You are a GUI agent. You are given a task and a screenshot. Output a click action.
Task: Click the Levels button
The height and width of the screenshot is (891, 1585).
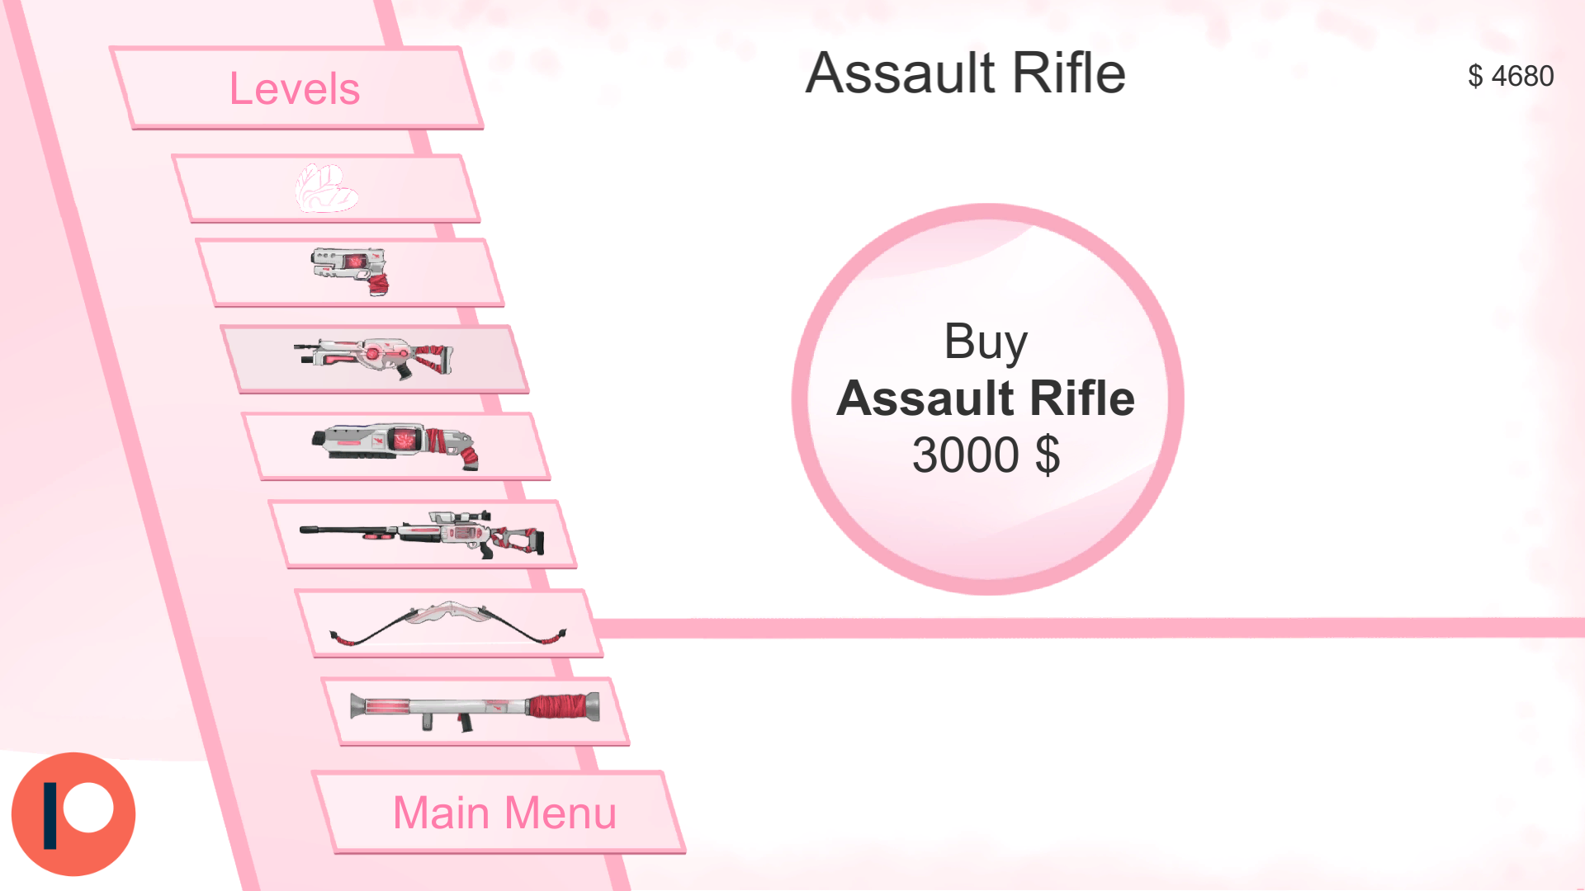[295, 88]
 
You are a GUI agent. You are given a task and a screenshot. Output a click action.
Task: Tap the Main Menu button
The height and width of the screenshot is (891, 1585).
[504, 813]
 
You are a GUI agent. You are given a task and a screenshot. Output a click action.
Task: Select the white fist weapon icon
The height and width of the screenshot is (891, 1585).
[326, 188]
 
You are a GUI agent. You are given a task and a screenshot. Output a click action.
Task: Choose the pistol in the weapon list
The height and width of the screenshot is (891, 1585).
[350, 271]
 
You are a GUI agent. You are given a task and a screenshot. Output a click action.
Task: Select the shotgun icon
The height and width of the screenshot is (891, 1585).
[395, 446]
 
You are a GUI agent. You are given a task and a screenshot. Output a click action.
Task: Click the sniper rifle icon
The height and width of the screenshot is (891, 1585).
[422, 534]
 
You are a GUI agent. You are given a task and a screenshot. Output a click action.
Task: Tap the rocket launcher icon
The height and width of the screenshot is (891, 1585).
[475, 710]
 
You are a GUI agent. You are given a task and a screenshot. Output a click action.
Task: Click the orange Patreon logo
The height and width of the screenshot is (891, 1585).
[73, 813]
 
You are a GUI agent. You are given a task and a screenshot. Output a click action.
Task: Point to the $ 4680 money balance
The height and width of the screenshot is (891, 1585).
[1511, 76]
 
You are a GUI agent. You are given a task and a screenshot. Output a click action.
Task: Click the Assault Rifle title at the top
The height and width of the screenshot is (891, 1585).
[965, 73]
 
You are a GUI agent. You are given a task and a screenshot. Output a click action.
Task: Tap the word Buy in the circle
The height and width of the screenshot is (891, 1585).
[986, 341]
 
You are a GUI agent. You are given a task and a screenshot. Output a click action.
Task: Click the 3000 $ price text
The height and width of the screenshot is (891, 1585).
[986, 455]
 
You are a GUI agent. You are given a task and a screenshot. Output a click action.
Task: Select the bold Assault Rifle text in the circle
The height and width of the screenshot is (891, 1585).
[986, 398]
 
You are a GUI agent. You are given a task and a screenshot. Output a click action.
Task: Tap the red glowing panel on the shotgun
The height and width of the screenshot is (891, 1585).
[405, 439]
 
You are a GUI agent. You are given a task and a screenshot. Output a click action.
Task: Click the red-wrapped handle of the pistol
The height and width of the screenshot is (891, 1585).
[378, 285]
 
